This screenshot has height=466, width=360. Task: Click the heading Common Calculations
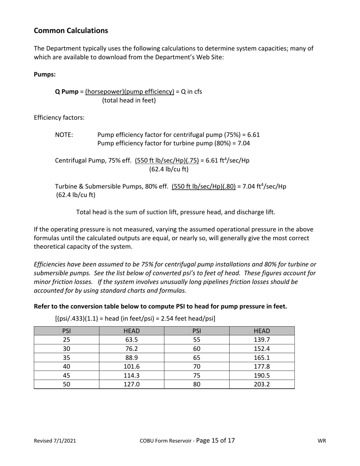point(71,31)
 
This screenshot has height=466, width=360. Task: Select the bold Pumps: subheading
point(45,74)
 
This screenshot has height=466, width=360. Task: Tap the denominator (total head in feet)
point(129,101)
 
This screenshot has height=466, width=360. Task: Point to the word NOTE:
point(64,134)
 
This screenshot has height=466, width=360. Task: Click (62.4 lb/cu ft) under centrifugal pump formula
point(169,169)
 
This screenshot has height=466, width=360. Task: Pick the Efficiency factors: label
point(59,117)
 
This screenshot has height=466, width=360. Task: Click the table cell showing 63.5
point(131,339)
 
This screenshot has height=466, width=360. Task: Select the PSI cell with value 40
point(66,366)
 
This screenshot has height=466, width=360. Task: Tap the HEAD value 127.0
point(131,384)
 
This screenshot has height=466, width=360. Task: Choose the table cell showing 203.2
point(262,384)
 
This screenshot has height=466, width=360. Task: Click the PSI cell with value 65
point(197,357)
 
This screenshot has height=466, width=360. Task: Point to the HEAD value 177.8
point(262,366)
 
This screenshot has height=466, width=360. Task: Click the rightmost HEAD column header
point(262,331)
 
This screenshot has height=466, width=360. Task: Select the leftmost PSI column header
point(66,331)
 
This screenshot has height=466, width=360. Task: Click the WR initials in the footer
point(322,441)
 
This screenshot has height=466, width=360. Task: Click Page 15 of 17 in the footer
point(216,440)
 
